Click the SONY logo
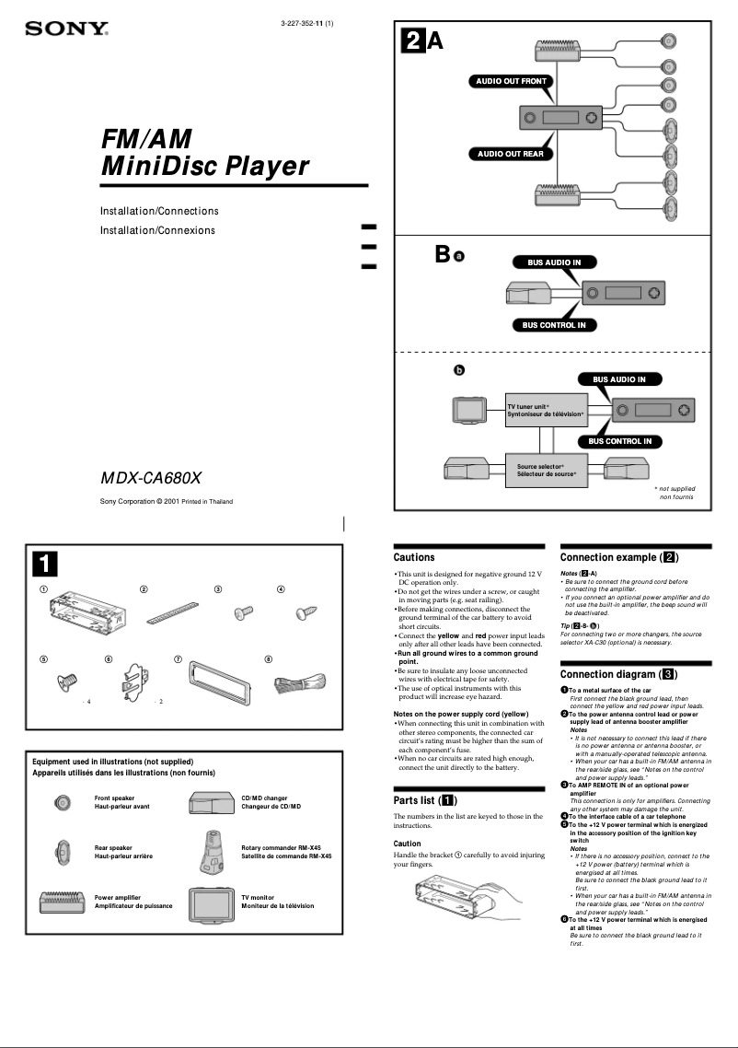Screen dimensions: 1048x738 click(66, 29)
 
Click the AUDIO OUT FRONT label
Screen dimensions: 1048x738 click(511, 81)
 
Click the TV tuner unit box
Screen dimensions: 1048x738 click(546, 411)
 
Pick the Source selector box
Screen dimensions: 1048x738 click(546, 470)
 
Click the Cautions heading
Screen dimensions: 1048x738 click(414, 557)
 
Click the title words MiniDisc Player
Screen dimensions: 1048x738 click(204, 167)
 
